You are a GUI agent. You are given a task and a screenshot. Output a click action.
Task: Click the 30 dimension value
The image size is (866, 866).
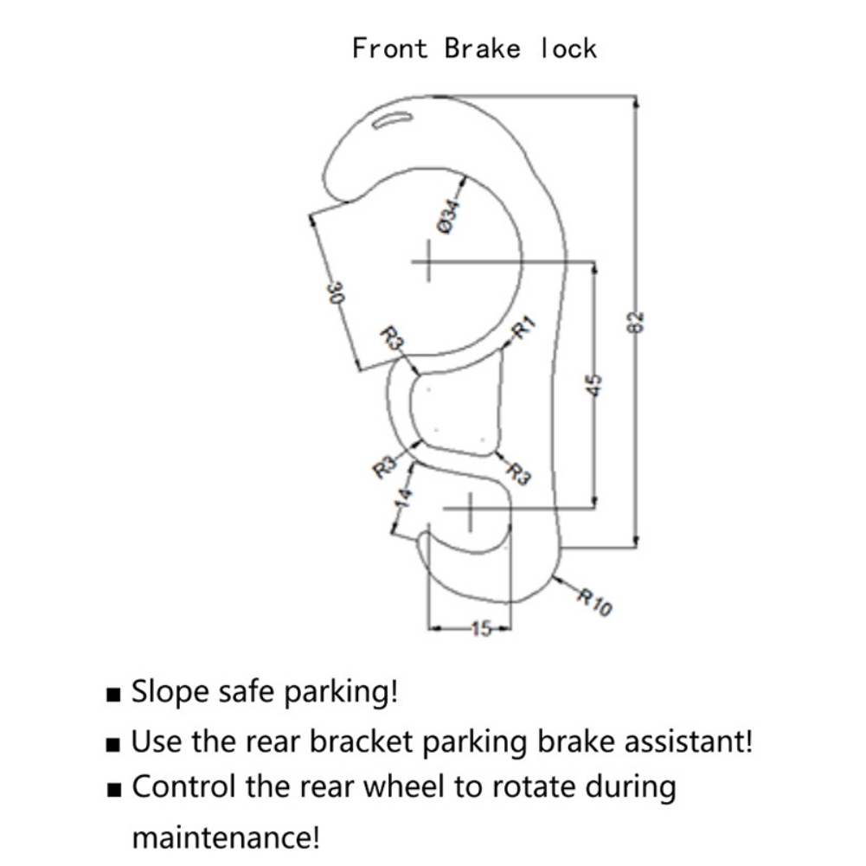coord(337,292)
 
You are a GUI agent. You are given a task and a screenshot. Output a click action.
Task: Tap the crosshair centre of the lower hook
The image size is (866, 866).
coord(470,511)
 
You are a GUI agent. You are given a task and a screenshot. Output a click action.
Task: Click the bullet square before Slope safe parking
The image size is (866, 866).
coord(114,695)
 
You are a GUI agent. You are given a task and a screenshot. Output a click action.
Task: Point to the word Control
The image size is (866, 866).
coord(183,788)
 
